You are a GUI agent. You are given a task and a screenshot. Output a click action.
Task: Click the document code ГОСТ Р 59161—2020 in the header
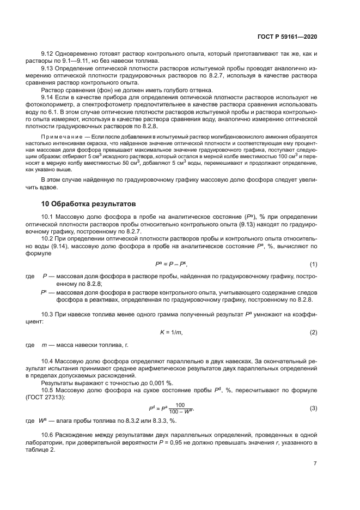tap(288, 37)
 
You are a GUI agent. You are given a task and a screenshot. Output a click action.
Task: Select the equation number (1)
tap(313, 265)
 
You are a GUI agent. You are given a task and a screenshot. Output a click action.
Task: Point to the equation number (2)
tap(313, 332)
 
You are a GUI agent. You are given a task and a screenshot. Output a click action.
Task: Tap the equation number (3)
tap(313, 409)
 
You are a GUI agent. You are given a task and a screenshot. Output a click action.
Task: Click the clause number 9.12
tap(48, 55)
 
